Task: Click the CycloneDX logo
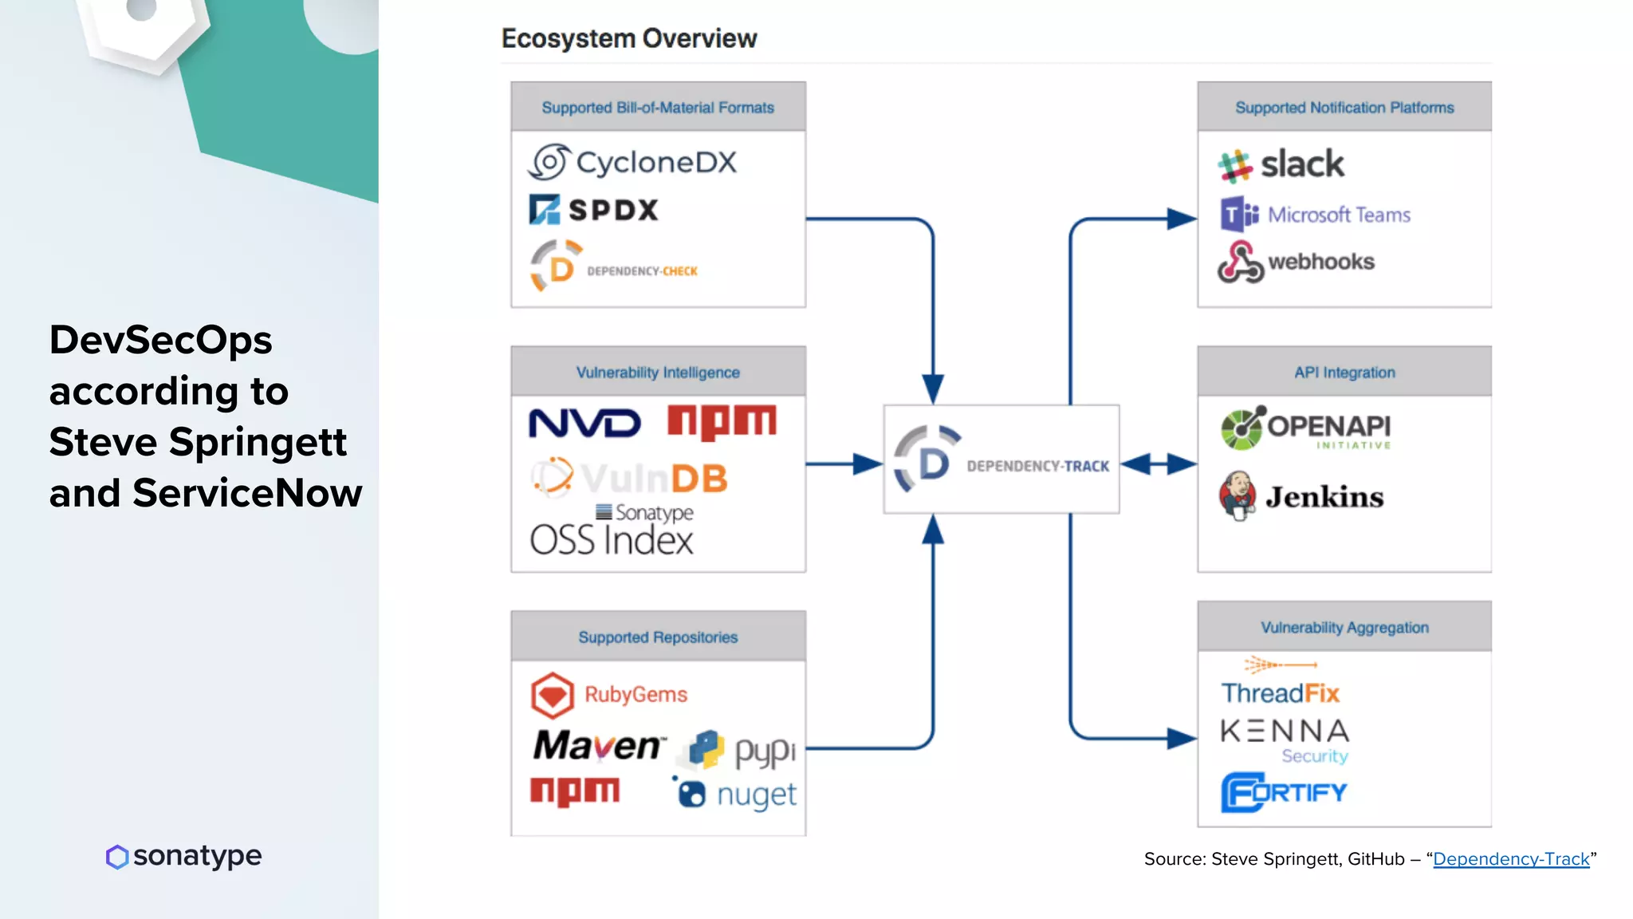click(632, 162)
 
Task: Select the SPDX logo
click(594, 210)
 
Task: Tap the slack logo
click(1281, 165)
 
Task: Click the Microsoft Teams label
click(1339, 215)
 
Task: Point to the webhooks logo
click(1297, 262)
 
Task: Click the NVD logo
click(584, 423)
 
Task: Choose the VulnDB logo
click(630, 478)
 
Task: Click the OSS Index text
click(612, 540)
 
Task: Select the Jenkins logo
click(1301, 496)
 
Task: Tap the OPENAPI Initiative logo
click(1306, 428)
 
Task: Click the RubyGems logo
click(609, 694)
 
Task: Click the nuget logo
click(735, 794)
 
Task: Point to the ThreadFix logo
click(1281, 692)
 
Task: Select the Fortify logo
click(1284, 792)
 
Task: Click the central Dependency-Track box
click(1001, 459)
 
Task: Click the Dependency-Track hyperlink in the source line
click(1511, 859)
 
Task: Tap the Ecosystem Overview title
click(629, 38)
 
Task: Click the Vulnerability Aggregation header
click(1344, 627)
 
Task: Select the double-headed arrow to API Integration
click(1159, 463)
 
